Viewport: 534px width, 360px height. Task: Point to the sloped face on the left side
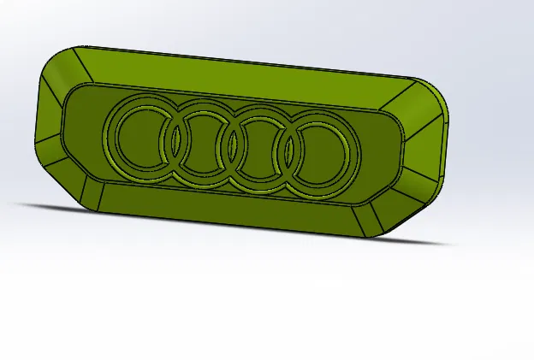(x=51, y=128)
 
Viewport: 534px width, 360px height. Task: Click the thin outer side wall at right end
(x=446, y=145)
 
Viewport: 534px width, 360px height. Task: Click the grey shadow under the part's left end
(x=34, y=205)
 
